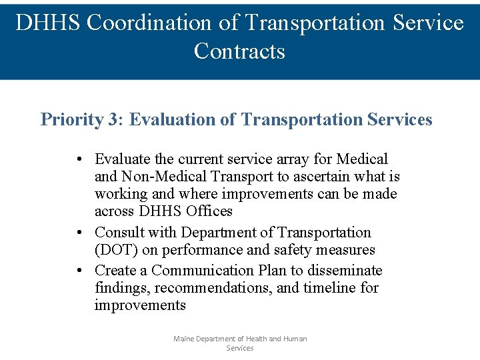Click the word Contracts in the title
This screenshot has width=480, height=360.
239,51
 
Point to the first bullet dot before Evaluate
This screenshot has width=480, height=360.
79,160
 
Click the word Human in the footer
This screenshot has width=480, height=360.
295,339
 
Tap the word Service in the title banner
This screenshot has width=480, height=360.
429,23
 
